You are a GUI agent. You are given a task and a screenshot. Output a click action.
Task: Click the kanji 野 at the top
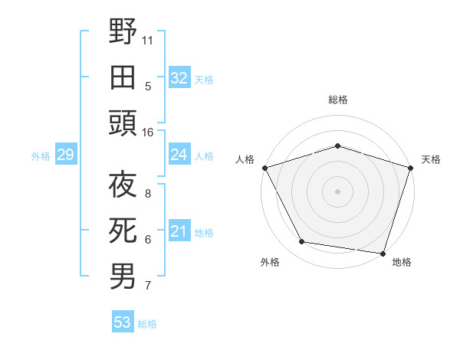123,32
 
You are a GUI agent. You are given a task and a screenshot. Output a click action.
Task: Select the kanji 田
123,77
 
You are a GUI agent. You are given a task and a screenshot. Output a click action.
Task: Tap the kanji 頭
123,123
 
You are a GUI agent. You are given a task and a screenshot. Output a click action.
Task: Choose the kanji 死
123,231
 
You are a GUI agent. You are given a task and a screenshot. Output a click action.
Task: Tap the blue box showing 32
179,77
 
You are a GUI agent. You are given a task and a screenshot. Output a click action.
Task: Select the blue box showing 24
179,155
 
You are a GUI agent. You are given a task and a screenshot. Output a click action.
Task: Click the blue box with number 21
179,231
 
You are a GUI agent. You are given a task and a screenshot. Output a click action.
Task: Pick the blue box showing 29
65,155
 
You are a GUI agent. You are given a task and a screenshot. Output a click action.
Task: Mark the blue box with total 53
122,322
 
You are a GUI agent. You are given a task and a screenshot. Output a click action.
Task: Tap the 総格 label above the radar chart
337,100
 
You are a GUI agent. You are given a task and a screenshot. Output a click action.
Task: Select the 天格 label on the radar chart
431,159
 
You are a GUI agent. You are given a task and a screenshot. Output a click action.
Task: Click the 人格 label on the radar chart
245,159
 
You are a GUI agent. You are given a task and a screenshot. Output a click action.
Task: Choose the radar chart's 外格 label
270,263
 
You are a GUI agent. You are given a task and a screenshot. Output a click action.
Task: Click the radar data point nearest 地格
383,254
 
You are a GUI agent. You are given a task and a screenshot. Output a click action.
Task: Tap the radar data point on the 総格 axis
337,146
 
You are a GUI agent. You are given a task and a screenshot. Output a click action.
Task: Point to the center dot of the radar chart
337,191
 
